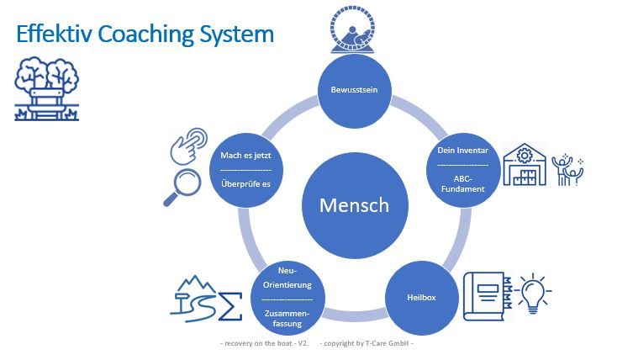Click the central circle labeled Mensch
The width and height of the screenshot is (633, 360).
click(x=353, y=204)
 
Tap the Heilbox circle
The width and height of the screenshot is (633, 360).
click(x=420, y=297)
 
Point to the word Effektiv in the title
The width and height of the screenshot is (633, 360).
click(x=55, y=34)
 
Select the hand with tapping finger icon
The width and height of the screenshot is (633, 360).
click(x=189, y=144)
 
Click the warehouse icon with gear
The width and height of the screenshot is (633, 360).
click(x=525, y=164)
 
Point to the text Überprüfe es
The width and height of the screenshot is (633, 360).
click(x=245, y=183)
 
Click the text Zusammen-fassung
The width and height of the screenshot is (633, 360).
click(x=286, y=317)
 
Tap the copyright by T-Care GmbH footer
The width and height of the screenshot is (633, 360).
click(x=367, y=343)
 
